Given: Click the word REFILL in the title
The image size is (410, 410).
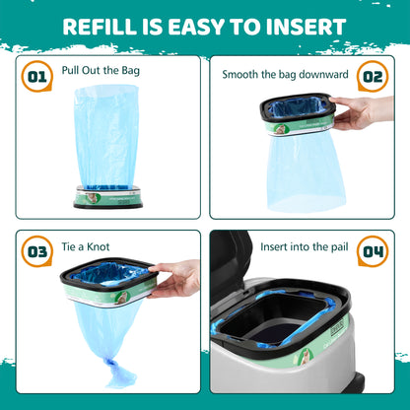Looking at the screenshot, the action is pyautogui.click(x=99, y=27).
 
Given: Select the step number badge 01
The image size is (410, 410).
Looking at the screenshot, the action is pyautogui.click(x=37, y=76).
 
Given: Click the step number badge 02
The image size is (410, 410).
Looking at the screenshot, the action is pyautogui.click(x=373, y=76).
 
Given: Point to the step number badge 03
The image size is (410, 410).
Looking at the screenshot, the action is pyautogui.click(x=37, y=251).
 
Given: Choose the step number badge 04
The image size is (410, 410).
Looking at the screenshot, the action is pyautogui.click(x=373, y=251).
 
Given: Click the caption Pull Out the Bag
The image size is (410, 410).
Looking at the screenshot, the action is pyautogui.click(x=101, y=71).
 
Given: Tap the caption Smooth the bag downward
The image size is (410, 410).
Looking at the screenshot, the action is pyautogui.click(x=285, y=75).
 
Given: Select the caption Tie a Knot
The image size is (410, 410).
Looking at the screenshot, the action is pyautogui.click(x=86, y=246).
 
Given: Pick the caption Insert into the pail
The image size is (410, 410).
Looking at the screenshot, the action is pyautogui.click(x=305, y=246).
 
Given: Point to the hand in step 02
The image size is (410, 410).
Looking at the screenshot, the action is pyautogui.click(x=362, y=112).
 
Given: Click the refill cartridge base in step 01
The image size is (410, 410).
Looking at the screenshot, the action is pyautogui.click(x=108, y=197).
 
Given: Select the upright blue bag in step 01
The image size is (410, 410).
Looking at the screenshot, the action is pyautogui.click(x=106, y=137).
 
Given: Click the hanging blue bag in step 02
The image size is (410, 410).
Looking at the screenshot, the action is pyautogui.click(x=306, y=171).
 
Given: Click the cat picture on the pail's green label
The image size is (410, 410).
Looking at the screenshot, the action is pyautogui.click(x=306, y=357).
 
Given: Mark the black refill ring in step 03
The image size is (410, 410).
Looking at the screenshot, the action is pyautogui.click(x=108, y=273).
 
